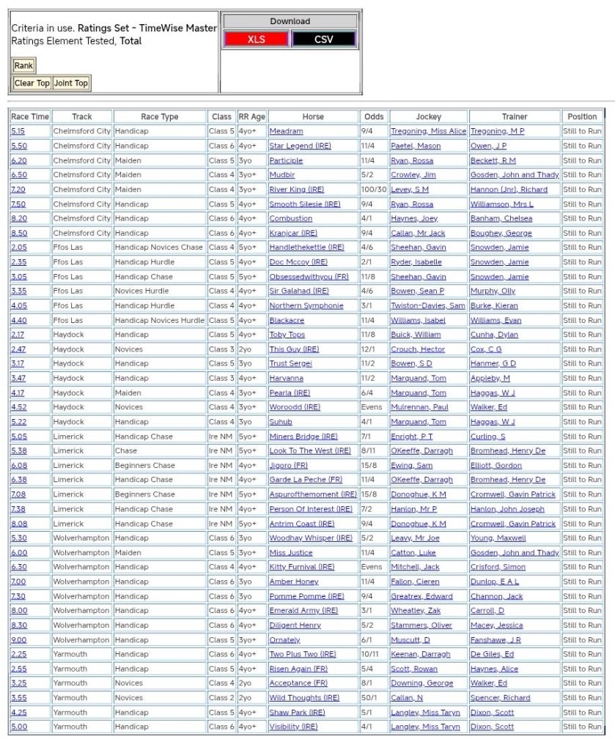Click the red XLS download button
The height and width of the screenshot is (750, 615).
click(x=257, y=40)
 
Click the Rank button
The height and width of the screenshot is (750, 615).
click(x=23, y=66)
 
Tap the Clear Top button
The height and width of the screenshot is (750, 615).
click(x=32, y=83)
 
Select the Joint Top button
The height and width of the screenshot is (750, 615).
click(x=71, y=83)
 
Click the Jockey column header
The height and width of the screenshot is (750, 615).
click(x=429, y=116)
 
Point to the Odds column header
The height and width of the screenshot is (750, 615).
click(x=374, y=116)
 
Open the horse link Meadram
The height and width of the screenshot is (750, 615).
click(x=286, y=131)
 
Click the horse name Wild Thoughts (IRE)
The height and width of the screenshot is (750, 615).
click(x=304, y=698)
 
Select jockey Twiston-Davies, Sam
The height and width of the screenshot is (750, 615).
click(x=427, y=305)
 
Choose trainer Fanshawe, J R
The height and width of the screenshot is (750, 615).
click(x=496, y=639)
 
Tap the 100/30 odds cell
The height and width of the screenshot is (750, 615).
click(x=374, y=190)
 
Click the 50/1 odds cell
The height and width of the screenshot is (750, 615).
click(x=372, y=698)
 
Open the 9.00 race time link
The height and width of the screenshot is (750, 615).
click(x=19, y=639)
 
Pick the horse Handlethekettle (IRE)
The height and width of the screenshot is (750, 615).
click(x=306, y=248)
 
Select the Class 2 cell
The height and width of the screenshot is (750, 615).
click(x=221, y=698)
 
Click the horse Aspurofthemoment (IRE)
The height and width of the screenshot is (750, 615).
click(x=313, y=494)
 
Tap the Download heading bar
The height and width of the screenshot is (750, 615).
click(x=290, y=21)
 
